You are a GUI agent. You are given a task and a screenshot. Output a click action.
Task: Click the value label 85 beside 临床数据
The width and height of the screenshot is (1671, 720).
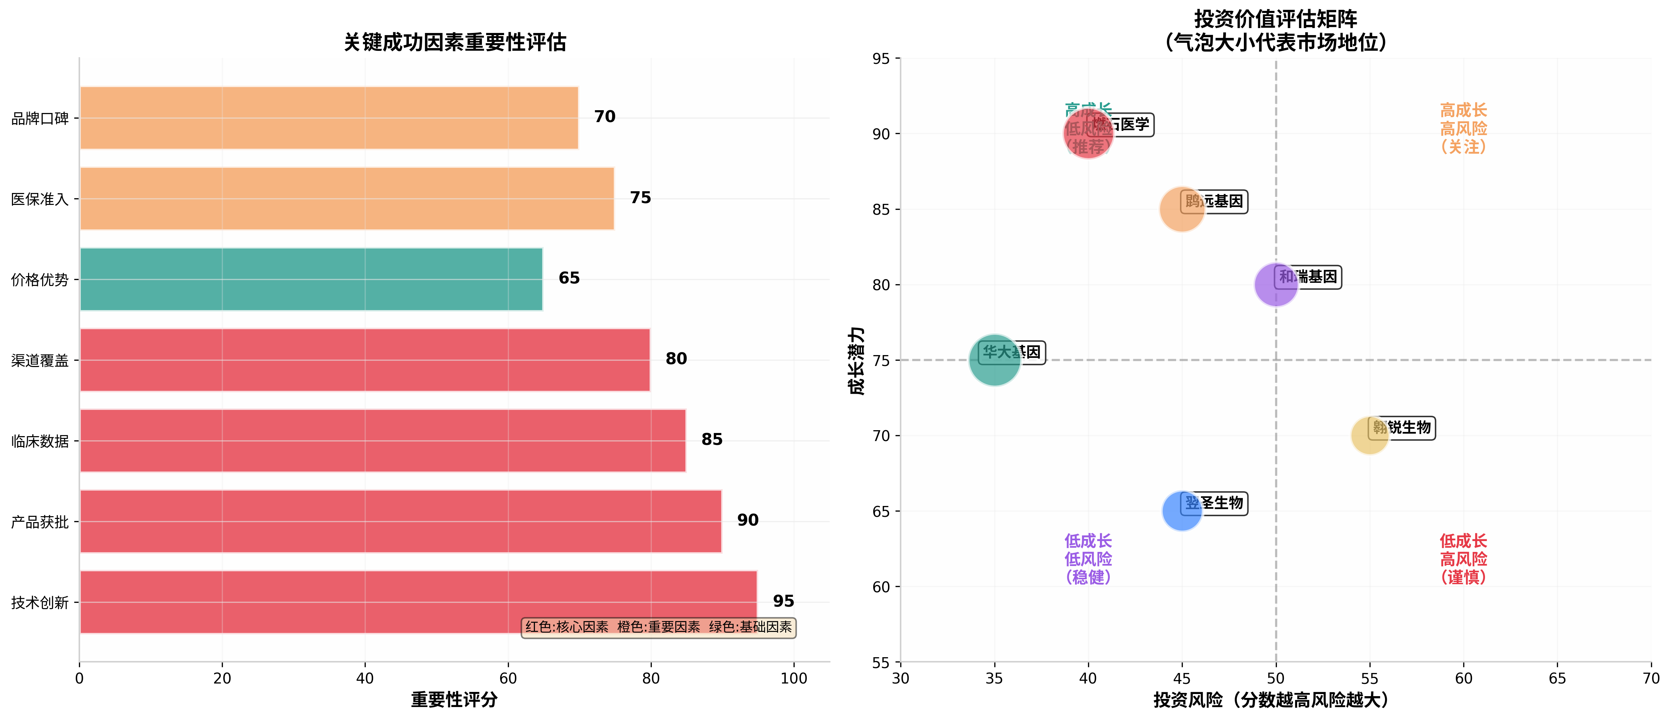(711, 440)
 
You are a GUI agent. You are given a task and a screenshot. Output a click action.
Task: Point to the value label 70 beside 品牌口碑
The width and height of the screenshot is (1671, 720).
(605, 117)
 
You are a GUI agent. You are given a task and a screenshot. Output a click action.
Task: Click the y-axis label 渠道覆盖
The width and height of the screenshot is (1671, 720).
(40, 361)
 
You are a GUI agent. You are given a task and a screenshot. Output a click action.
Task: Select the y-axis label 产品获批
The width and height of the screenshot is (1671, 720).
(40, 522)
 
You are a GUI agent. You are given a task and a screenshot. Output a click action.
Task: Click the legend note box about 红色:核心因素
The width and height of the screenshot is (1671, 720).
(658, 627)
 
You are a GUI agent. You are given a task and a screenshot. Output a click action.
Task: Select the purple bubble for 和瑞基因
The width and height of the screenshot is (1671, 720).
(1275, 285)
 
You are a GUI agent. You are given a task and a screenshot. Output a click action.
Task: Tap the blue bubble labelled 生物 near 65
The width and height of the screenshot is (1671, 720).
(1181, 511)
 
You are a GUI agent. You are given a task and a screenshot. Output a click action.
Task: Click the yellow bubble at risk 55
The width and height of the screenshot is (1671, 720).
(1370, 436)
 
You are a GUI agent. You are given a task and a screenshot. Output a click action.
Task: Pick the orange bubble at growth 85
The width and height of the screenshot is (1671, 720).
(1181, 209)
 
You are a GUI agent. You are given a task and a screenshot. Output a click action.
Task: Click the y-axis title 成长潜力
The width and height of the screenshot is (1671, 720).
(856, 361)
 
